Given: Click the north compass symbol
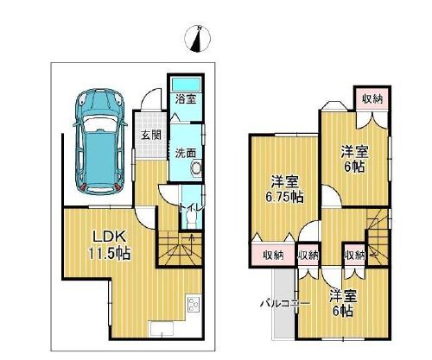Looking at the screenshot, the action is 198,38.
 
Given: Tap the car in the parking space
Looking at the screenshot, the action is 100,142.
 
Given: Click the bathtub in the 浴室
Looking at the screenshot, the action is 186,85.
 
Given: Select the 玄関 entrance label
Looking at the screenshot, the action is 150,135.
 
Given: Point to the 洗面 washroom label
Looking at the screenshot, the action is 186,153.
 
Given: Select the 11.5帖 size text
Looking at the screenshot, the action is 110,254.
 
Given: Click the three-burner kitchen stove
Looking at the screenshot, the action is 194,305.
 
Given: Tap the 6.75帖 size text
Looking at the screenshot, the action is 284,197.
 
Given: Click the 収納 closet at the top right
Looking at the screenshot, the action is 372,99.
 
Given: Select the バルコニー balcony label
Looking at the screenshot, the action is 285,303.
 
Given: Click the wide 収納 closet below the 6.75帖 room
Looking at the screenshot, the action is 273,255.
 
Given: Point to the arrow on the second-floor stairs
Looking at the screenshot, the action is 373,254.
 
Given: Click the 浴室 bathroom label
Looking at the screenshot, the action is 186,99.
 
